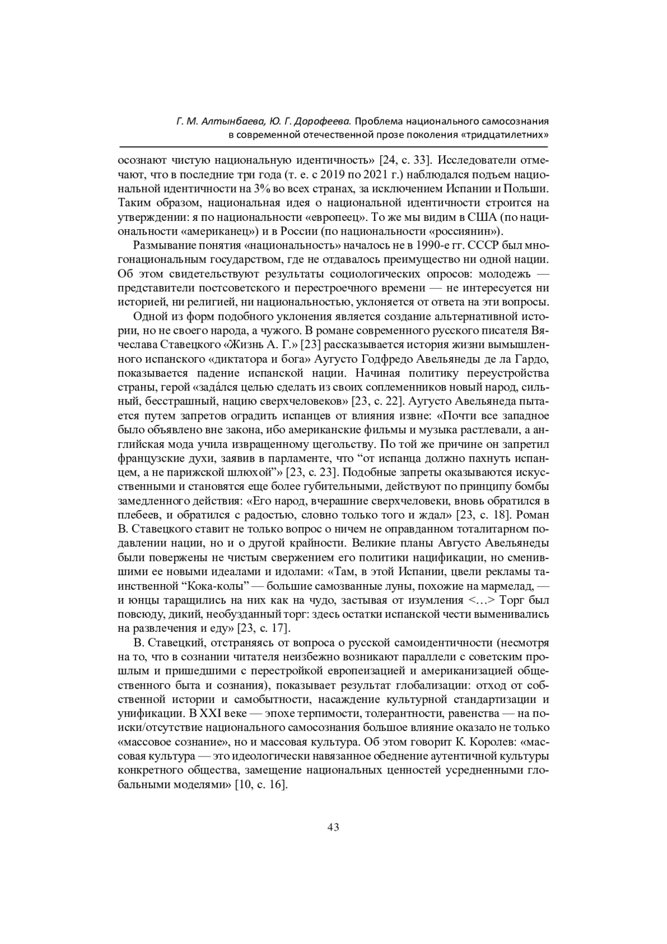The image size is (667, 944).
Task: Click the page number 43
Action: point(333,827)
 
